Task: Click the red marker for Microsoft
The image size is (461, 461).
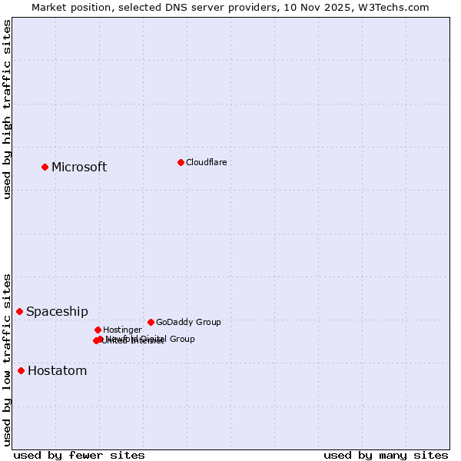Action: point(45,167)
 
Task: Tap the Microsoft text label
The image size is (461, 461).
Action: point(79,167)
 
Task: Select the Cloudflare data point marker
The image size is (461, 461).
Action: point(181,162)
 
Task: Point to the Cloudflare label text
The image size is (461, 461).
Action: point(206,162)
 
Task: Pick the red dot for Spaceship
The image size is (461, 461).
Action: point(19,311)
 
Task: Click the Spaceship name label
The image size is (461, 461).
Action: point(57,311)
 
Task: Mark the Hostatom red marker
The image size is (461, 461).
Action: point(21,370)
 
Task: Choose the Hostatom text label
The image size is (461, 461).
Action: point(57,370)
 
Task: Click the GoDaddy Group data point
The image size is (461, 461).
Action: point(151,322)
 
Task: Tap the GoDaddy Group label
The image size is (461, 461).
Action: point(188,322)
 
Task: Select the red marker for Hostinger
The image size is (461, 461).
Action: point(98,330)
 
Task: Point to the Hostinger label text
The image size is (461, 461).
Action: point(122,330)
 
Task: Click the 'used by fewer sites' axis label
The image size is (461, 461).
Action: point(79,455)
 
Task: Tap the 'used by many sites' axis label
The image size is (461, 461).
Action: point(385,455)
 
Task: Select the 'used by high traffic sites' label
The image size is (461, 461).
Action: point(7,110)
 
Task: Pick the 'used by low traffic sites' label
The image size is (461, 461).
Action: point(7,359)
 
